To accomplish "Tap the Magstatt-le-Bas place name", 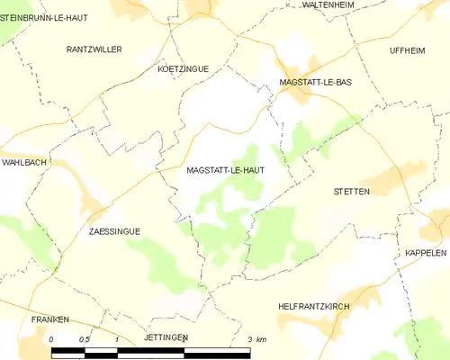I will [315, 82].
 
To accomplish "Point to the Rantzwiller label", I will [94, 49].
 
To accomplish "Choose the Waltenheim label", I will [328, 4].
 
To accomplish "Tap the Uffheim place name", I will [407, 49].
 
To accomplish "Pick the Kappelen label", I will [426, 253].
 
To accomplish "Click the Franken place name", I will [49, 319].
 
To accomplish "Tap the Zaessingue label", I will [115, 231].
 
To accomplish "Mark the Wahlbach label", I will [23, 163].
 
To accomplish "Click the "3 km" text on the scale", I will [256, 339].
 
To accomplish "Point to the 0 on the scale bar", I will [52, 339].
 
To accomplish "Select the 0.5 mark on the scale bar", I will [84, 339].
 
